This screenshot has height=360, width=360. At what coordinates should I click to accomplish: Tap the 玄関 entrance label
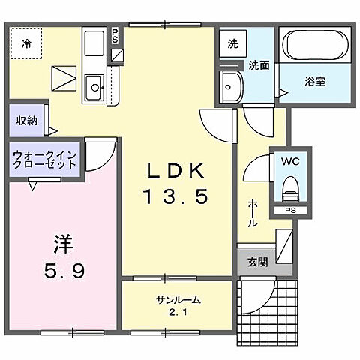click(x=258, y=262)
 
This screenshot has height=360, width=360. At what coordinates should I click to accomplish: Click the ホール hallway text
click(x=253, y=214)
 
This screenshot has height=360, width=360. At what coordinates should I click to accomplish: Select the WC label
click(x=291, y=160)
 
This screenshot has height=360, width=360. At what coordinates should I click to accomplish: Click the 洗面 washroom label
click(x=259, y=65)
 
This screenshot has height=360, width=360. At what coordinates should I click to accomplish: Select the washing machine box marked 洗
click(x=232, y=43)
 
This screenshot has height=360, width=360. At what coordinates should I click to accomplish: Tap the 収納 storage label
click(x=26, y=120)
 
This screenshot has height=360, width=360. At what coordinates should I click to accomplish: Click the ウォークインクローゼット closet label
click(x=42, y=161)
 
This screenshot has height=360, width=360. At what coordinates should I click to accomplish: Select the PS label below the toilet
click(x=289, y=211)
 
